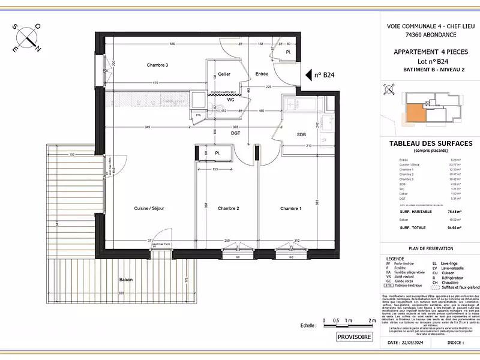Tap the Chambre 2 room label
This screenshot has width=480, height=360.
click(229, 208)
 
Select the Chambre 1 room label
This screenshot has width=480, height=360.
click(291, 208)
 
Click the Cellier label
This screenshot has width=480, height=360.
click(224, 74)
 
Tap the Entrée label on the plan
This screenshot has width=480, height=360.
click(262, 74)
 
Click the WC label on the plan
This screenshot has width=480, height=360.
click(230, 100)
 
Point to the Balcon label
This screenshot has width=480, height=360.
click(125, 280)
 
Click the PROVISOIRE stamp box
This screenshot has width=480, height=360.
click(354, 337)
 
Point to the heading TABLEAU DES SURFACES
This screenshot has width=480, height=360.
click(431, 143)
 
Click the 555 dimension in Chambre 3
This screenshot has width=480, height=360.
click(172, 44)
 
